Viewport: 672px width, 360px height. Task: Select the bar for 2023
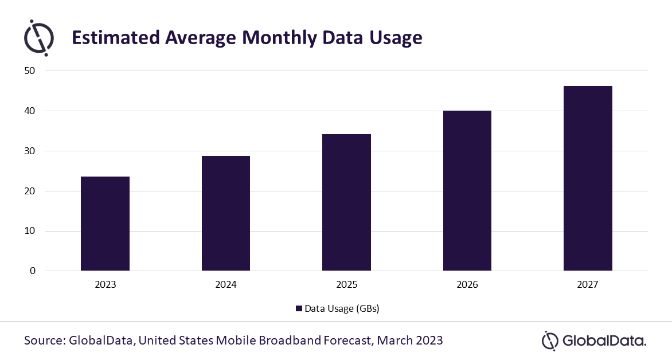pos(105,224)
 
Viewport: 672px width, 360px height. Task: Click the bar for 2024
pos(226,213)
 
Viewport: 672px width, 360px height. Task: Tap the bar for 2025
pos(346,202)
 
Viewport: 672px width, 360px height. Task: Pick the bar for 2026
pos(467,191)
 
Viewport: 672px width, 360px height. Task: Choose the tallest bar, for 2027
pos(588,178)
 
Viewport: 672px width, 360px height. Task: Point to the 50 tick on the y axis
pos(30,71)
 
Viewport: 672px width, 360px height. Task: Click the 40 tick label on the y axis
pos(30,111)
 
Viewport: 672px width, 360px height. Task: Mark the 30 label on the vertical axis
pos(30,151)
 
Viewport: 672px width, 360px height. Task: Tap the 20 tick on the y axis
pos(30,191)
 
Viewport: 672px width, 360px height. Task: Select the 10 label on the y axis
pos(30,230)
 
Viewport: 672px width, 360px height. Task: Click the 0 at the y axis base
pos(33,271)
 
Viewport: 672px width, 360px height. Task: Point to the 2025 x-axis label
pos(346,284)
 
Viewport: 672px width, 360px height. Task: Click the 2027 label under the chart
pos(588,284)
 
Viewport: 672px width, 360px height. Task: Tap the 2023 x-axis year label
pos(105,284)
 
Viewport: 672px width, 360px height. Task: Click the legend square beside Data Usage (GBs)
pos(299,308)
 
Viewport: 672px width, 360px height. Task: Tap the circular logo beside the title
pos(39,38)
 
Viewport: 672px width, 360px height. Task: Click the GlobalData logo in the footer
pos(594,341)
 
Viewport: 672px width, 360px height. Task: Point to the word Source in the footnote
pos(45,341)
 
